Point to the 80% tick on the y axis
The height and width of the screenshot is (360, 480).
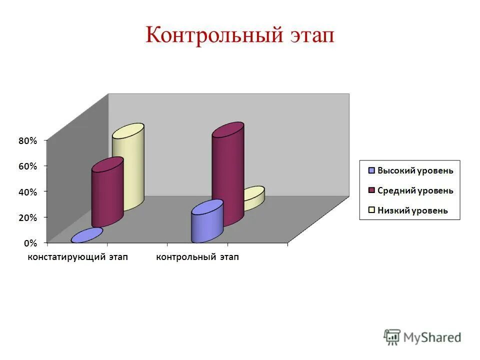click(x=28, y=141)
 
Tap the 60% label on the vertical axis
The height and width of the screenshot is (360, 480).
click(x=28, y=166)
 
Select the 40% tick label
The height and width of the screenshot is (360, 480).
click(x=28, y=192)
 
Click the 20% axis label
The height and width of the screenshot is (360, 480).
click(x=28, y=217)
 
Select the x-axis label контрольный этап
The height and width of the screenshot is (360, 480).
click(x=197, y=257)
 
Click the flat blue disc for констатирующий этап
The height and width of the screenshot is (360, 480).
click(x=87, y=235)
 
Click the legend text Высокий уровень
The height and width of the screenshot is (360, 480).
click(x=415, y=170)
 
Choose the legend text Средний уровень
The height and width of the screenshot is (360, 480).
click(x=415, y=190)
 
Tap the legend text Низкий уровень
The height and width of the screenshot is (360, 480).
click(x=412, y=210)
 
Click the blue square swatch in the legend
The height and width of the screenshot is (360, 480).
click(x=371, y=170)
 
